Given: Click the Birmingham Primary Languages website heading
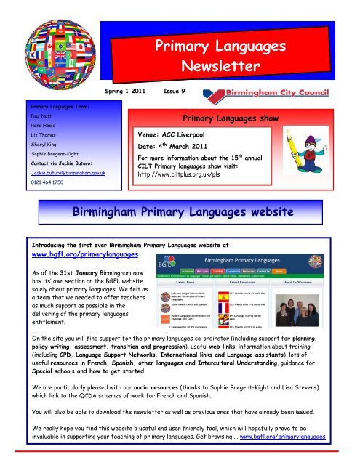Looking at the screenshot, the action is click(180, 212).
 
